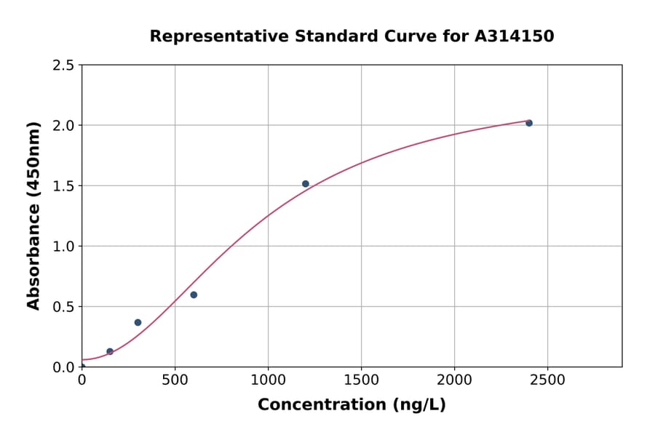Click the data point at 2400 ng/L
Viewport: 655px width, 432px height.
coord(529,123)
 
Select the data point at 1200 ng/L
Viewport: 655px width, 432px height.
coord(306,184)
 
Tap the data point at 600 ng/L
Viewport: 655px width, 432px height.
coord(194,295)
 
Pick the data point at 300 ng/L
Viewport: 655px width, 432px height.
coord(138,322)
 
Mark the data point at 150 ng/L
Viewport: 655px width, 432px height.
coord(110,351)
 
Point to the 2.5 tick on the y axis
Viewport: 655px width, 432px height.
coord(63,65)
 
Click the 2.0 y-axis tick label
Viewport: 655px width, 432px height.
coord(63,126)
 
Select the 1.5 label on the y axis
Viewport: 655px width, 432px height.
coord(63,186)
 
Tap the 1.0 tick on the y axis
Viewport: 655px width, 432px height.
coord(63,247)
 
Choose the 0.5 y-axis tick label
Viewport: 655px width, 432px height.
coord(63,307)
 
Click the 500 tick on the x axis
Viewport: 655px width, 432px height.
coord(175,380)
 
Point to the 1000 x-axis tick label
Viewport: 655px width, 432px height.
coord(268,380)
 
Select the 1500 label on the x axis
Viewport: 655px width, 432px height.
coord(361,380)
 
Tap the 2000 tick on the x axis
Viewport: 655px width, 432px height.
coord(454,380)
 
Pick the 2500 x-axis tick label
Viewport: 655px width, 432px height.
coord(547,380)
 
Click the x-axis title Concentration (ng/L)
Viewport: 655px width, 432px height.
coord(352,405)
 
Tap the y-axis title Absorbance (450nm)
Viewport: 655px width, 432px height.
coord(33,215)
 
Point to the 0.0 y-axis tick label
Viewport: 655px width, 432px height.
coord(63,367)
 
